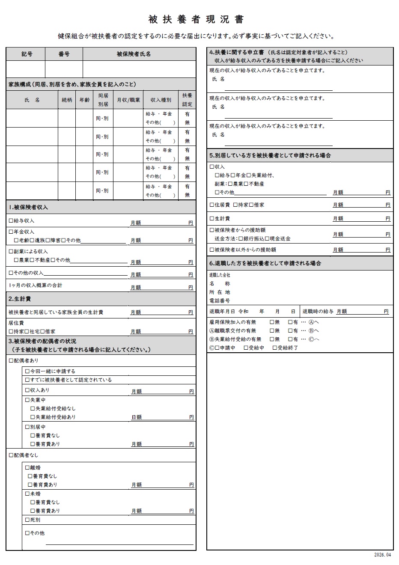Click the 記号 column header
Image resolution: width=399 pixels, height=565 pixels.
pos(27,54)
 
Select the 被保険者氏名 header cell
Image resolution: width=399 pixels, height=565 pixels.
pos(134,54)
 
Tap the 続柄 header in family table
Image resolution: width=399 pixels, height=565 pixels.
pos(67,100)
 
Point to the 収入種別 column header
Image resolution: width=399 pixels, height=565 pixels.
pos(161,100)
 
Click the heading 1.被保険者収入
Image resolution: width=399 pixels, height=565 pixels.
pos(28,207)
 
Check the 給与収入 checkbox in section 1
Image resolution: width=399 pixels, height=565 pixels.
pos(11,221)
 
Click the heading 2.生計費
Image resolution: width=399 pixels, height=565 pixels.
pos(20,299)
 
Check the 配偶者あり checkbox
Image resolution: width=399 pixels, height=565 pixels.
pos(11,360)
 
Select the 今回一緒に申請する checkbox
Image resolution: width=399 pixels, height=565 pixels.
pos(27,372)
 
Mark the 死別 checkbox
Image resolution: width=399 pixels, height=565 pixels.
pos(27,520)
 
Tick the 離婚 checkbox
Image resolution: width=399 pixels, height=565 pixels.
pos(27,468)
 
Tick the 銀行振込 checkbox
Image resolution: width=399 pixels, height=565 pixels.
pos(240,239)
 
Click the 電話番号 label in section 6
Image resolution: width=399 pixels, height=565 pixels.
pos(220,301)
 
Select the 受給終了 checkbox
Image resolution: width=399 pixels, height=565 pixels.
pos(275,348)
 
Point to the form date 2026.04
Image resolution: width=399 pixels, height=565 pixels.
pos(382,555)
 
